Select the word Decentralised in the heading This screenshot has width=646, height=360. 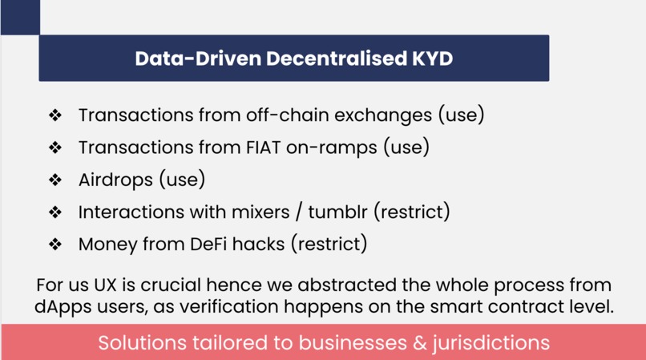pyautogui.click(x=329, y=59)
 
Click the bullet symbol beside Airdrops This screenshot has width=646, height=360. pyautogui.click(x=55, y=180)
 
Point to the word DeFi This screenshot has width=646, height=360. pyautogui.click(x=214, y=245)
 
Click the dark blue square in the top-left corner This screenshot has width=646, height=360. pyautogui.click(x=19, y=17)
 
